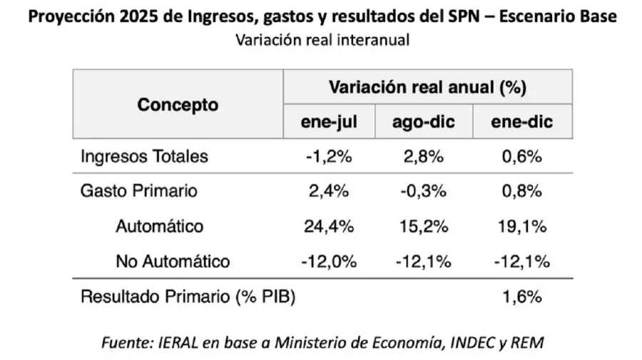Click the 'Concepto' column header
click(x=178, y=105)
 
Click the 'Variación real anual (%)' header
click(x=427, y=88)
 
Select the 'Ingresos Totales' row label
click(x=144, y=157)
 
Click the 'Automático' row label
click(x=159, y=227)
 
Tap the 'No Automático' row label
click(x=173, y=262)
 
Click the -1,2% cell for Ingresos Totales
click(x=329, y=157)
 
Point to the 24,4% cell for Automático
click(x=329, y=227)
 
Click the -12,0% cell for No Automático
click(x=329, y=262)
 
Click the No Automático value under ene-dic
click(x=521, y=262)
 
